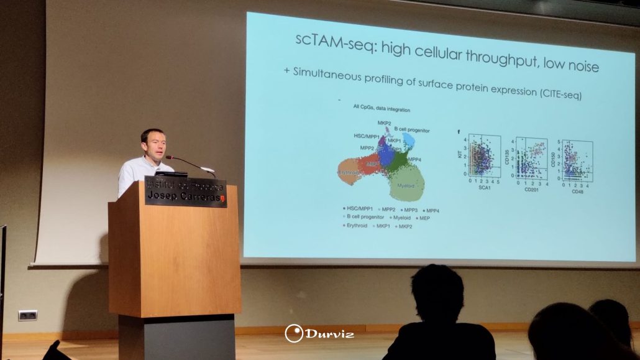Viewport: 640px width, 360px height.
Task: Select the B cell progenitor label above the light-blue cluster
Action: [408, 130]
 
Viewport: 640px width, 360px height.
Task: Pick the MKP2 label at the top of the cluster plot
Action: [384, 123]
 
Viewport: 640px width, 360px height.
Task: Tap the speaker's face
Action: [152, 144]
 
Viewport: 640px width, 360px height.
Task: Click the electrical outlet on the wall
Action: [27, 315]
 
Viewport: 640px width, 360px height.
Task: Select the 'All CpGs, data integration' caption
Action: [382, 109]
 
